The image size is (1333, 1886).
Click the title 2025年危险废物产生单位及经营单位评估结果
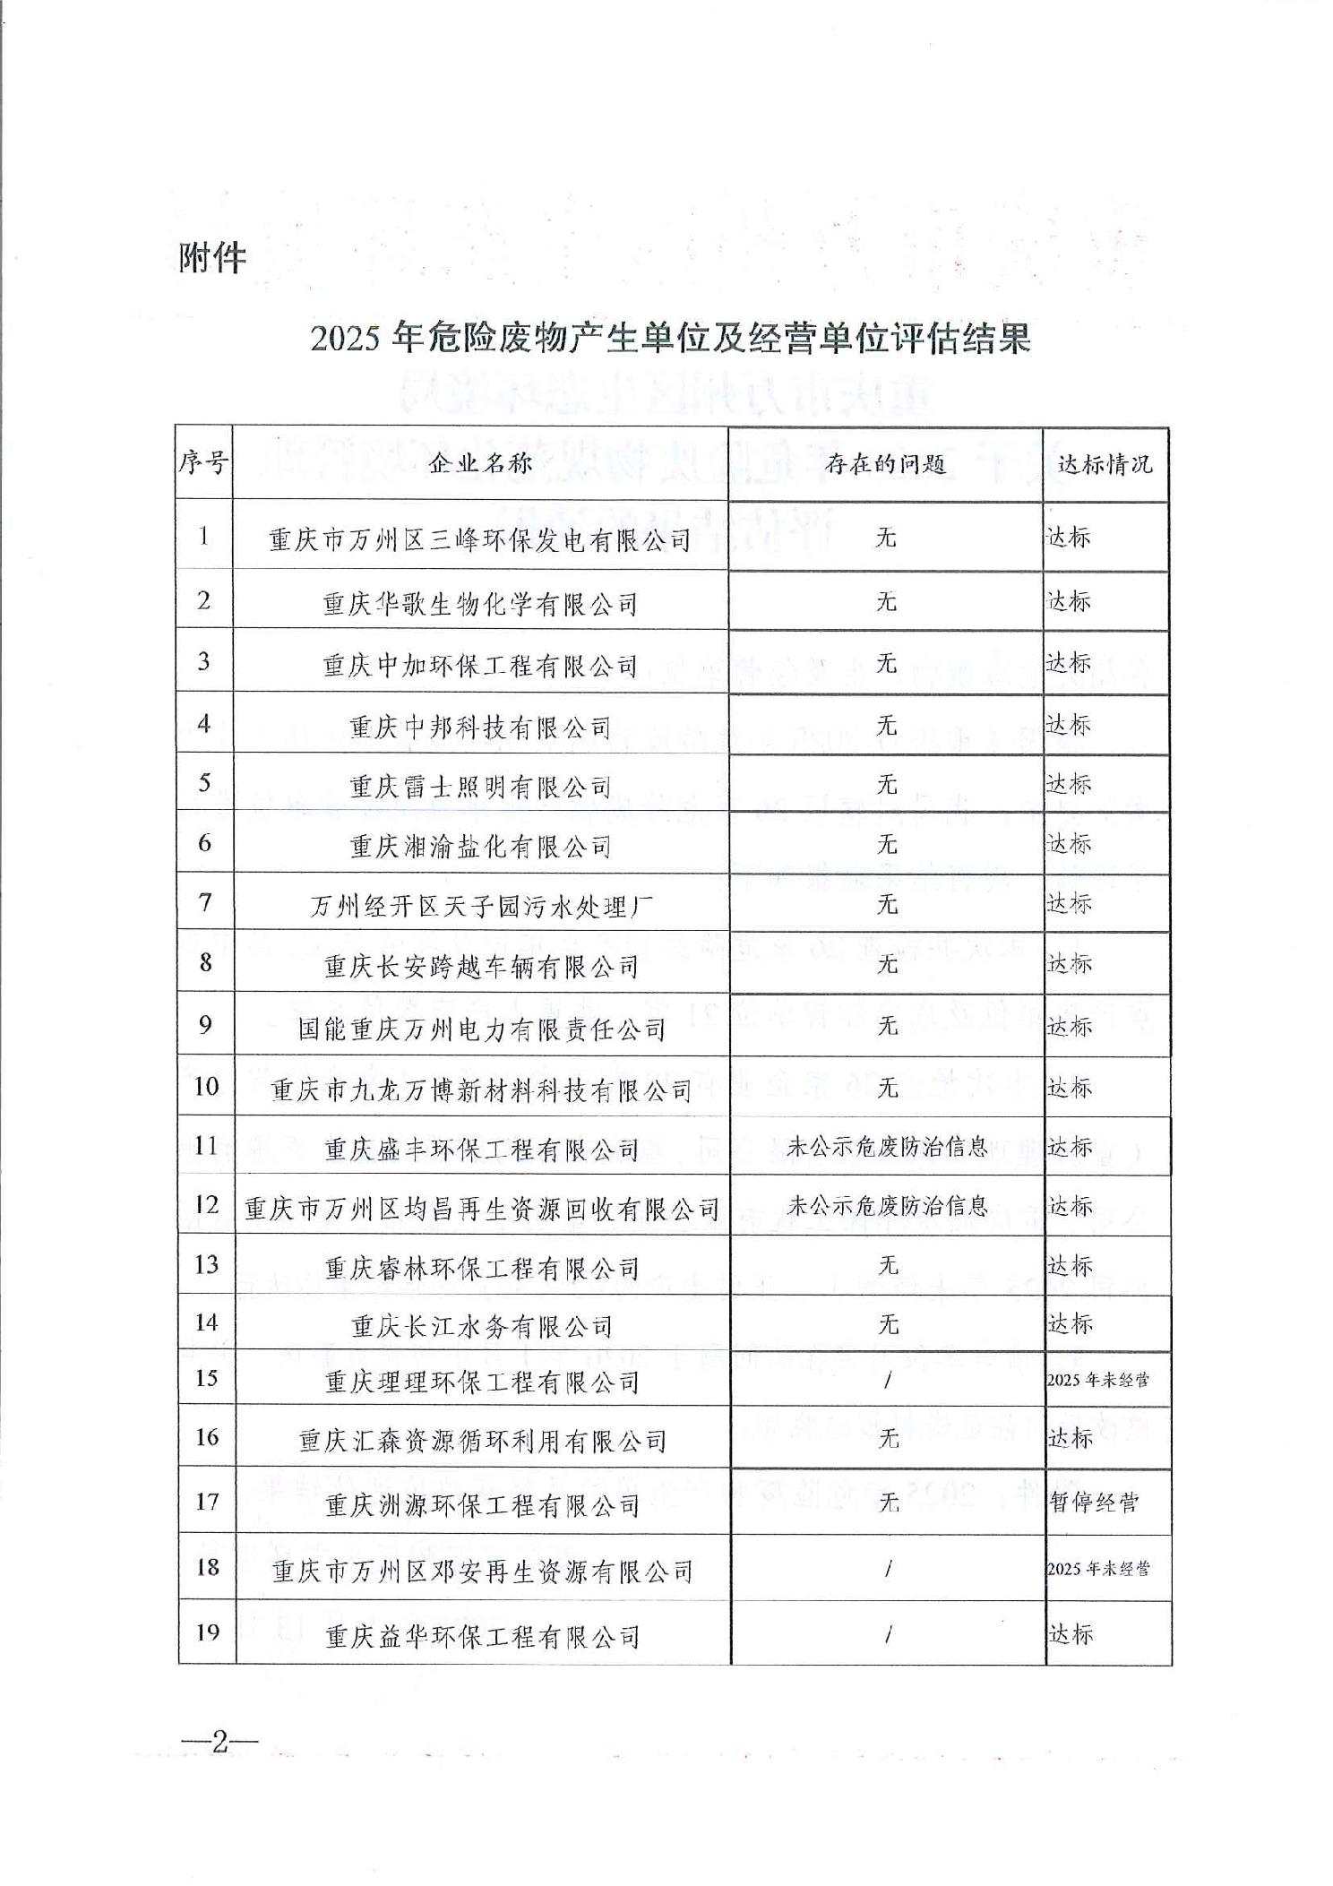(x=671, y=339)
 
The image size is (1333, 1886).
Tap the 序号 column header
(x=203, y=463)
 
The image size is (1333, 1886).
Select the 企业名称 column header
(x=481, y=463)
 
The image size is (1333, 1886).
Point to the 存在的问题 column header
(x=885, y=463)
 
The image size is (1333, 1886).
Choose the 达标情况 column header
(x=1105, y=464)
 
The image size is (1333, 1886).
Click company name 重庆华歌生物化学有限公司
(x=481, y=604)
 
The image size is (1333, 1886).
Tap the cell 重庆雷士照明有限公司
(x=481, y=787)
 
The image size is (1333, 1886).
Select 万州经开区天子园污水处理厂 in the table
(x=481, y=907)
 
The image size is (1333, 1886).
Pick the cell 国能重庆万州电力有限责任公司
(x=481, y=1029)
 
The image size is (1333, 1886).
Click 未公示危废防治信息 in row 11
(x=887, y=1147)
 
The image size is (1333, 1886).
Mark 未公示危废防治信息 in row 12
(x=887, y=1206)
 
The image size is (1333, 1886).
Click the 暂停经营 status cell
(x=1094, y=1502)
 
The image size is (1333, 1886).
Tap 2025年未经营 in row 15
(x=1097, y=1380)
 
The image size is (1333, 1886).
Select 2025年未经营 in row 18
(x=1097, y=1568)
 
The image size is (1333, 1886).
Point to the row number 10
(x=206, y=1087)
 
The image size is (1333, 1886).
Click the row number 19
(x=207, y=1632)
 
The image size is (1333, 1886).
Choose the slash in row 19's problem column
(x=888, y=1634)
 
